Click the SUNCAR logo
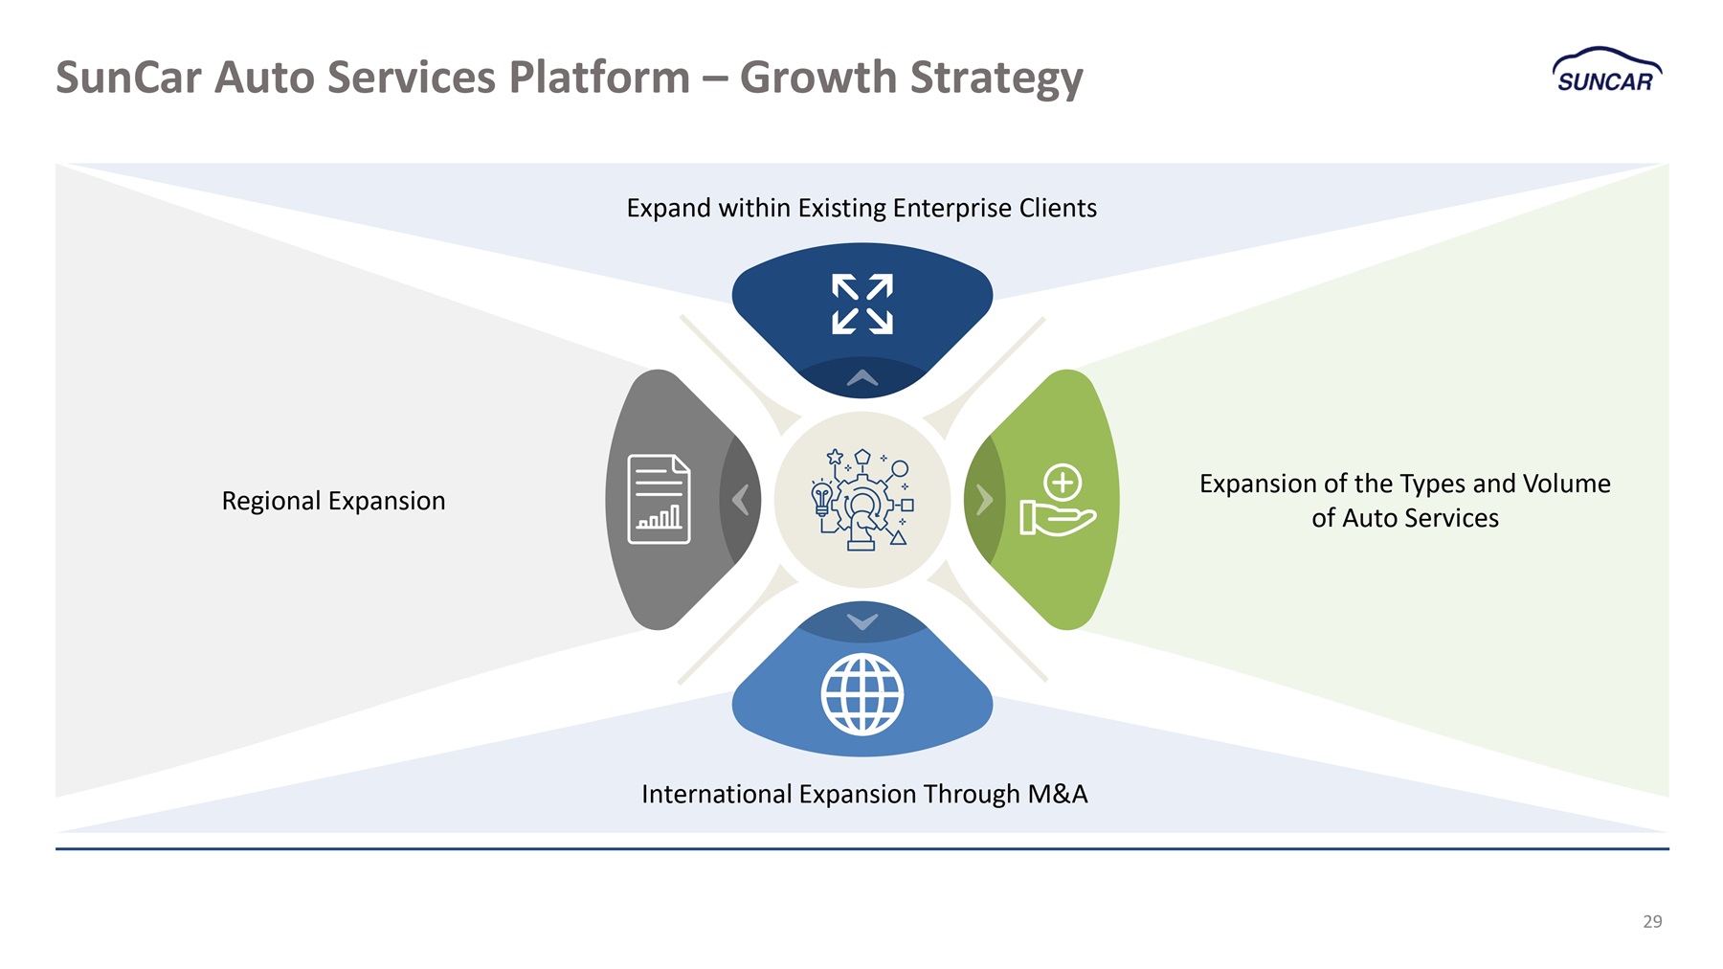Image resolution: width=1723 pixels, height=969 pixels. click(1607, 71)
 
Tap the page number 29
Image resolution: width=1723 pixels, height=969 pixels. click(1652, 921)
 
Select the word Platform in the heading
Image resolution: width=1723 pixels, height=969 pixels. click(599, 77)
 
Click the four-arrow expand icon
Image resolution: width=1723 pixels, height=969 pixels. click(862, 304)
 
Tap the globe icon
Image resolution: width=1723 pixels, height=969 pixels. click(862, 694)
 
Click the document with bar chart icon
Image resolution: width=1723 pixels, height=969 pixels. click(659, 499)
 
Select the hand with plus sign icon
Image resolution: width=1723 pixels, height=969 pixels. click(1058, 500)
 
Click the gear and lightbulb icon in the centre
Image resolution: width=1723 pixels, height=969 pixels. click(861, 499)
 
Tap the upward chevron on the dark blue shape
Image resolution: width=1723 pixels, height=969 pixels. click(862, 377)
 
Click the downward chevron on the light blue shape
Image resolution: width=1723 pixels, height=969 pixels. click(862, 622)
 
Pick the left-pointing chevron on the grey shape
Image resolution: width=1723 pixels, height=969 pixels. click(740, 500)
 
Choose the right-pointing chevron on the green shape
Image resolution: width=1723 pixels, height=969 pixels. click(985, 500)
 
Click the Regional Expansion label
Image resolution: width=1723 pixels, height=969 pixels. click(333, 501)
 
